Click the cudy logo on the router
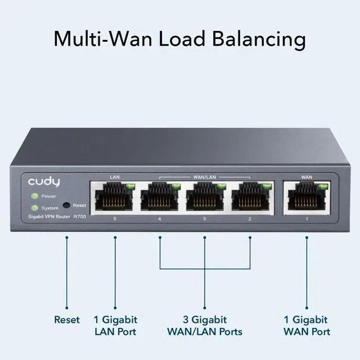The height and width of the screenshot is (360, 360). (x=43, y=182)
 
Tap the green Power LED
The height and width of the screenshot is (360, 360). (x=34, y=196)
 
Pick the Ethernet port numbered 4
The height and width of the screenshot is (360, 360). (x=160, y=199)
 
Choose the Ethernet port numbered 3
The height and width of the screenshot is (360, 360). (x=205, y=199)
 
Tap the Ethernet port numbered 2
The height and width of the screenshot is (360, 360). (x=250, y=199)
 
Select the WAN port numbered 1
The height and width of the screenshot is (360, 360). (x=307, y=199)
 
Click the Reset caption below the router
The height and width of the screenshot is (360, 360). (x=67, y=319)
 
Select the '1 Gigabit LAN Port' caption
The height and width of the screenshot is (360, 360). (x=115, y=325)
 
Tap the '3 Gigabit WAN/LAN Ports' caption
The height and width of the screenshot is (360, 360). (x=205, y=325)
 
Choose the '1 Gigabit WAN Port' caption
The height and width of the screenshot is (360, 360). (x=307, y=325)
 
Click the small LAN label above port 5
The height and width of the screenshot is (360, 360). (x=115, y=177)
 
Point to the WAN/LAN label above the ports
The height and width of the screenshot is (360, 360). (x=205, y=177)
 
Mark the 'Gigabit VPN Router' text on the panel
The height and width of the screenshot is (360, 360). (x=48, y=217)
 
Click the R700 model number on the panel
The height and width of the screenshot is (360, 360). (x=79, y=217)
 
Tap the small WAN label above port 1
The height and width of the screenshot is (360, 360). (x=307, y=177)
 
